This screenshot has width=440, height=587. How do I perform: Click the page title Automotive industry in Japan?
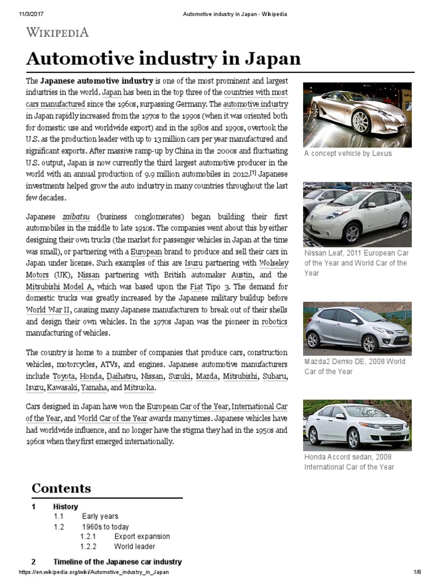tap(163, 59)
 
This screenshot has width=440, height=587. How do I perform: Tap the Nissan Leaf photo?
tap(357, 214)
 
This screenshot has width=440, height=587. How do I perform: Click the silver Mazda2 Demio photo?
tap(357, 327)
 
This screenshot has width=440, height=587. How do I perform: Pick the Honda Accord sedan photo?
tap(357, 424)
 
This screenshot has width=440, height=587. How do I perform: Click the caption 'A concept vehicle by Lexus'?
tap(348, 154)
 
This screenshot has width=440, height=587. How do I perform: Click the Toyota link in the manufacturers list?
tap(64, 377)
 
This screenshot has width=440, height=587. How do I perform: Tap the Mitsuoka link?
tap(139, 388)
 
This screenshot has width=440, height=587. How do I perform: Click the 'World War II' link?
tap(45, 310)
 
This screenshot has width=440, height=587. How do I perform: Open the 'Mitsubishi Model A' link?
tap(60, 286)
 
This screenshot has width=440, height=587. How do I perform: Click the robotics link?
tap(274, 322)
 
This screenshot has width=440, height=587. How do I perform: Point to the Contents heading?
tap(61, 488)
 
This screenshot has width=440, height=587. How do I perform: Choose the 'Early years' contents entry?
tap(100, 516)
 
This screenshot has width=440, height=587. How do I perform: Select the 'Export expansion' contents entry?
tap(142, 537)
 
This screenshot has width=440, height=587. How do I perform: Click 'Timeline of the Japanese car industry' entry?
tap(117, 561)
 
